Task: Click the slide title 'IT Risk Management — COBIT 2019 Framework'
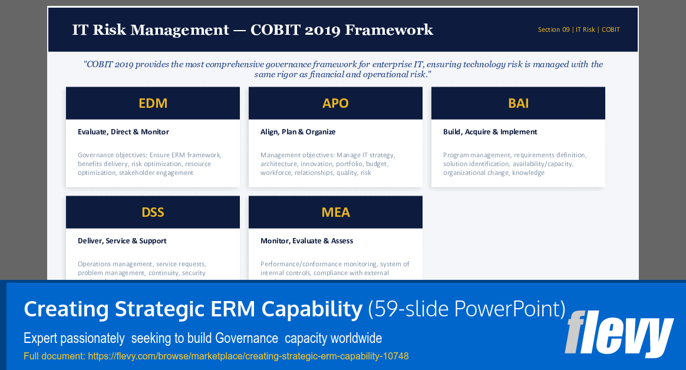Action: tap(252, 30)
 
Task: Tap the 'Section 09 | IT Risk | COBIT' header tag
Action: tap(578, 29)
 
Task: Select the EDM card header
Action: tap(153, 103)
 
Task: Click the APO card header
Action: tap(335, 103)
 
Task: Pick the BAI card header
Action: tap(518, 103)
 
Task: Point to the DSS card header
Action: tap(153, 212)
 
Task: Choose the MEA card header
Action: tap(335, 212)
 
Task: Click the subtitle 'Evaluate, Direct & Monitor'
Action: tap(123, 132)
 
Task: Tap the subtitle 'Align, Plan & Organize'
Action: tap(298, 132)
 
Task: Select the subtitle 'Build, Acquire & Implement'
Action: tap(490, 132)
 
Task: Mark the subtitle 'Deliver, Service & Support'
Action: tap(122, 241)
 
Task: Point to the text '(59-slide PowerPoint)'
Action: tap(466, 309)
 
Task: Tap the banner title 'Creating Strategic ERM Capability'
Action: tap(193, 309)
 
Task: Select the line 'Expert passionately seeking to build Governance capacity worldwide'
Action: tap(203, 338)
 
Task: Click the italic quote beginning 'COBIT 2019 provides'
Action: tap(343, 70)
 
